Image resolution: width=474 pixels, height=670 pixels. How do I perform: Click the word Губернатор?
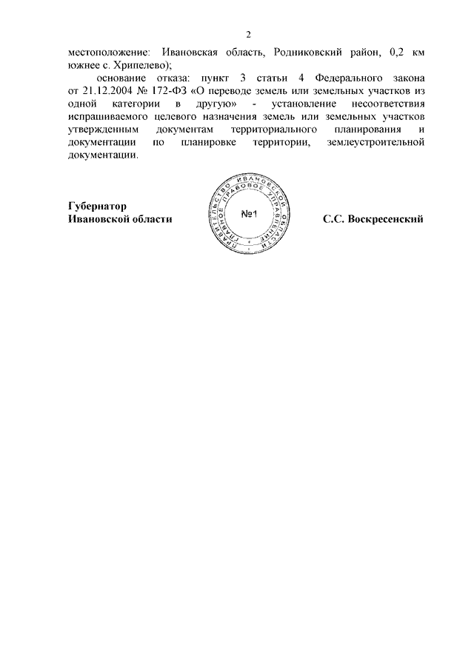[96, 207]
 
